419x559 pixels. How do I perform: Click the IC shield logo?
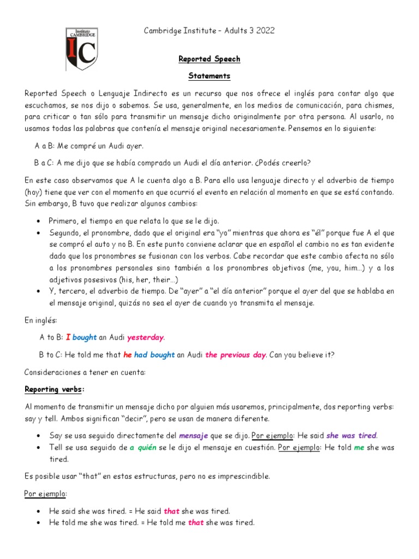(82, 49)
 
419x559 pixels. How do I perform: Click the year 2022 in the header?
(264, 31)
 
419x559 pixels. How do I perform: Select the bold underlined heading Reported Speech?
(209, 59)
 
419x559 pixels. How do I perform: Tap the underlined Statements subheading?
(209, 76)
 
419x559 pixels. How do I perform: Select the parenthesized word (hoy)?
(34, 192)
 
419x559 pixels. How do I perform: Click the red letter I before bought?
(68, 337)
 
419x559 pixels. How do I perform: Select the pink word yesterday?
(145, 337)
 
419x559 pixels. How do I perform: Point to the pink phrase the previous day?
(236, 355)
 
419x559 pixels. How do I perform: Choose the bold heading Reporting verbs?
(55, 389)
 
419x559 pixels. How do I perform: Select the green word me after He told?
(359, 448)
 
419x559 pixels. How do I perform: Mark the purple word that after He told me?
(196, 522)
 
